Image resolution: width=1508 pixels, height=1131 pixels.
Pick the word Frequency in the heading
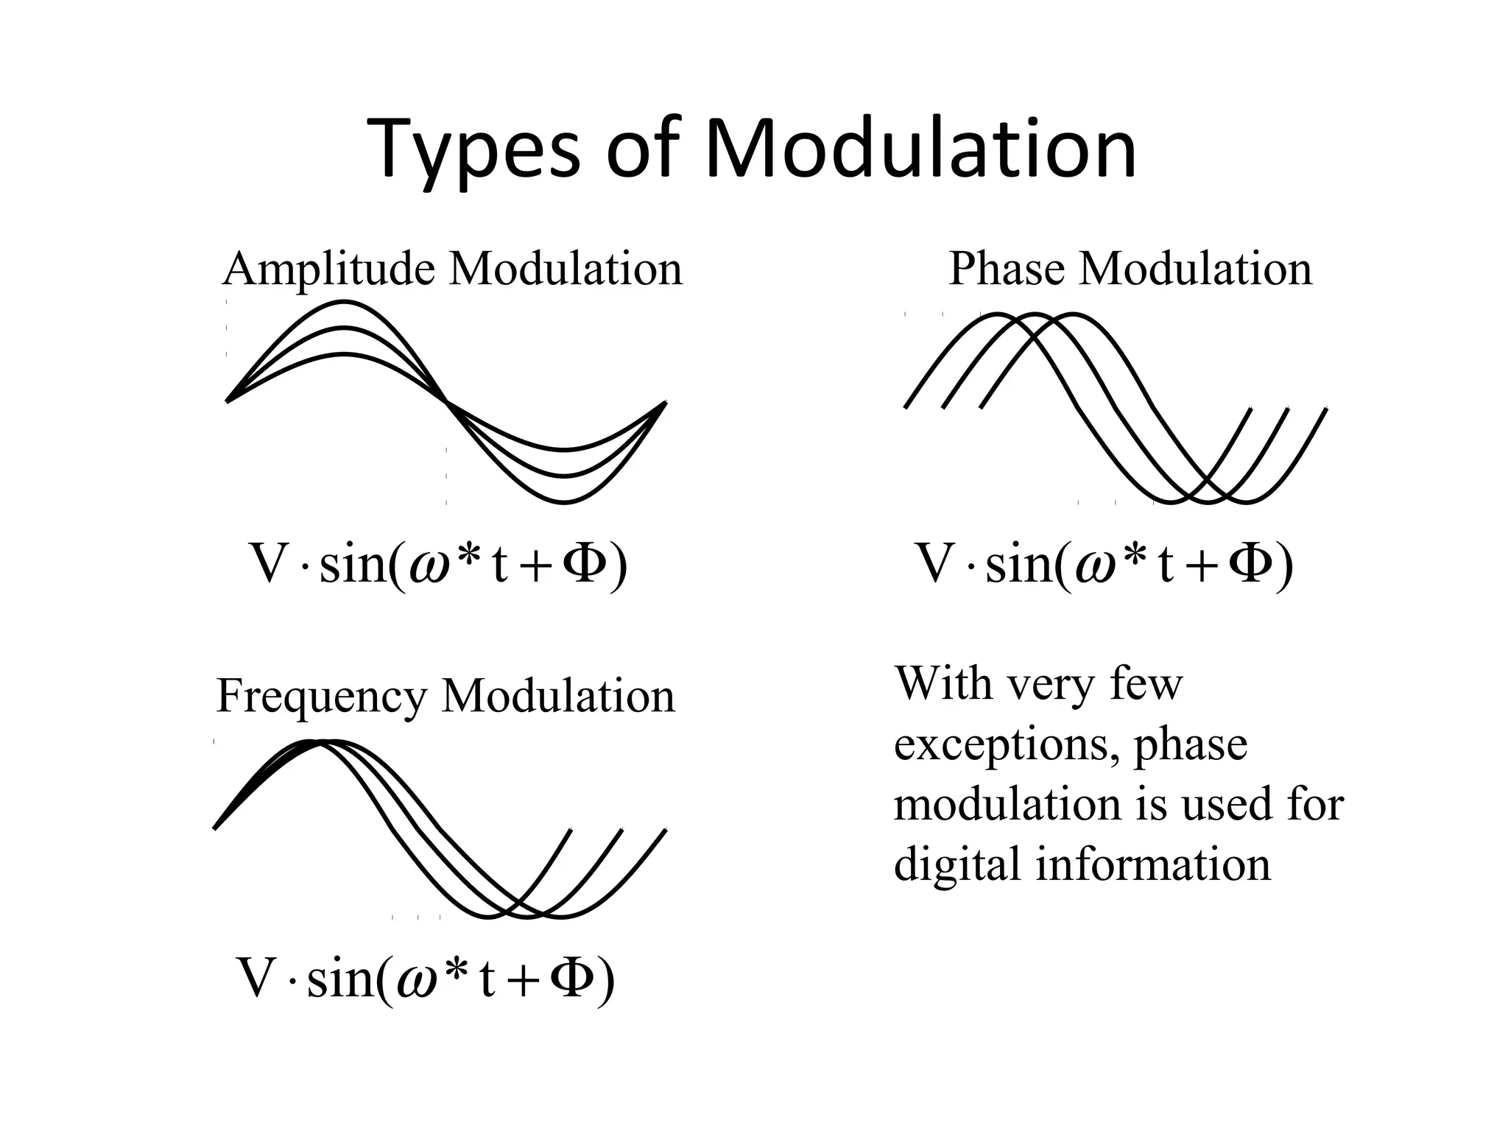point(321,696)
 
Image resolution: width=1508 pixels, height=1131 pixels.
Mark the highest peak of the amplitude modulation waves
point(343,302)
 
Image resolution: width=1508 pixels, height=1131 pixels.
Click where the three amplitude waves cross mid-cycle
point(446,401)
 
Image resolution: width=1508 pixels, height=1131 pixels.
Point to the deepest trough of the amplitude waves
point(565,502)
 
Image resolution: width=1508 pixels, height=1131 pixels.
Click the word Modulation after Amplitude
point(565,269)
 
